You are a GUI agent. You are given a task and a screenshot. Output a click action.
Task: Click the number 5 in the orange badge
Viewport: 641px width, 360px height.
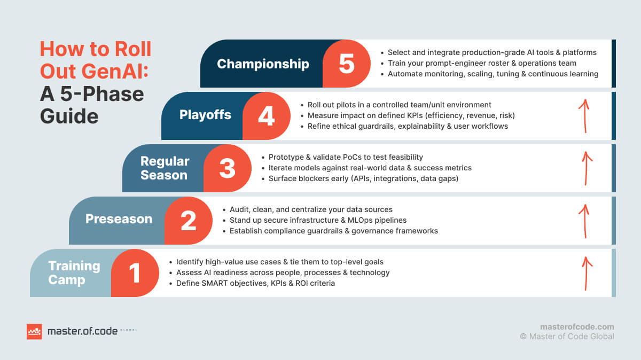[347, 64]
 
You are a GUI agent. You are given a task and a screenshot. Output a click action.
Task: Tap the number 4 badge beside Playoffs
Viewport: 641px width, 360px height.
[267, 116]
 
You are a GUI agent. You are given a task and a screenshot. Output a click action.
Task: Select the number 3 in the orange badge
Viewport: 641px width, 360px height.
[228, 168]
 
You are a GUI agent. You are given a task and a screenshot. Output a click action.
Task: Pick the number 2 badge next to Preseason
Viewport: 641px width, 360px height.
[188, 221]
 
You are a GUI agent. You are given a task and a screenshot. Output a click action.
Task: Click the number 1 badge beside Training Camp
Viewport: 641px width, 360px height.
[135, 273]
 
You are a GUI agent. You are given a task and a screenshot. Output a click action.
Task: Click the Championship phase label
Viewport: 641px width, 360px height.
[263, 64]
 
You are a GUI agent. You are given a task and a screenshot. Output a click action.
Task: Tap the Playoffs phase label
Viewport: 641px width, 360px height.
[205, 115]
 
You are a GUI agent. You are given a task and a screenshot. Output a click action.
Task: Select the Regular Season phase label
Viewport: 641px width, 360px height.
[165, 168]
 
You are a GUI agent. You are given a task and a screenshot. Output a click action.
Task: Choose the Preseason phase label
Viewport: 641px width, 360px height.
[119, 219]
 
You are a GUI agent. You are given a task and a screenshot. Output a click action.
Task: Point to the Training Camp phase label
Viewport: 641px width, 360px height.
[74, 273]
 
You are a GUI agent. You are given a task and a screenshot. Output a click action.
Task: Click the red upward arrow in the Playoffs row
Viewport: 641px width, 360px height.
[584, 116]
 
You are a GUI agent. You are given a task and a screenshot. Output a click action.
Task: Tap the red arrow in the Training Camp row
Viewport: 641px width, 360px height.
[587, 273]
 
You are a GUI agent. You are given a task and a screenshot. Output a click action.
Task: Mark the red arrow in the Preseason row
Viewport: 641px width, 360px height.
[584, 221]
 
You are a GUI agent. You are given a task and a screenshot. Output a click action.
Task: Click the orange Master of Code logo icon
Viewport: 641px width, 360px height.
[34, 332]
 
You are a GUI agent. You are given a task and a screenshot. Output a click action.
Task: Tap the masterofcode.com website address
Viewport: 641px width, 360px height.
[577, 327]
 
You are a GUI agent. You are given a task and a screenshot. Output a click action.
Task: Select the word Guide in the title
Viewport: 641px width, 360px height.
[69, 116]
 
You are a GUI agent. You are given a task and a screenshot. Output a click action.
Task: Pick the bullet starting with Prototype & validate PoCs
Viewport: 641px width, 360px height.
[342, 157]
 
